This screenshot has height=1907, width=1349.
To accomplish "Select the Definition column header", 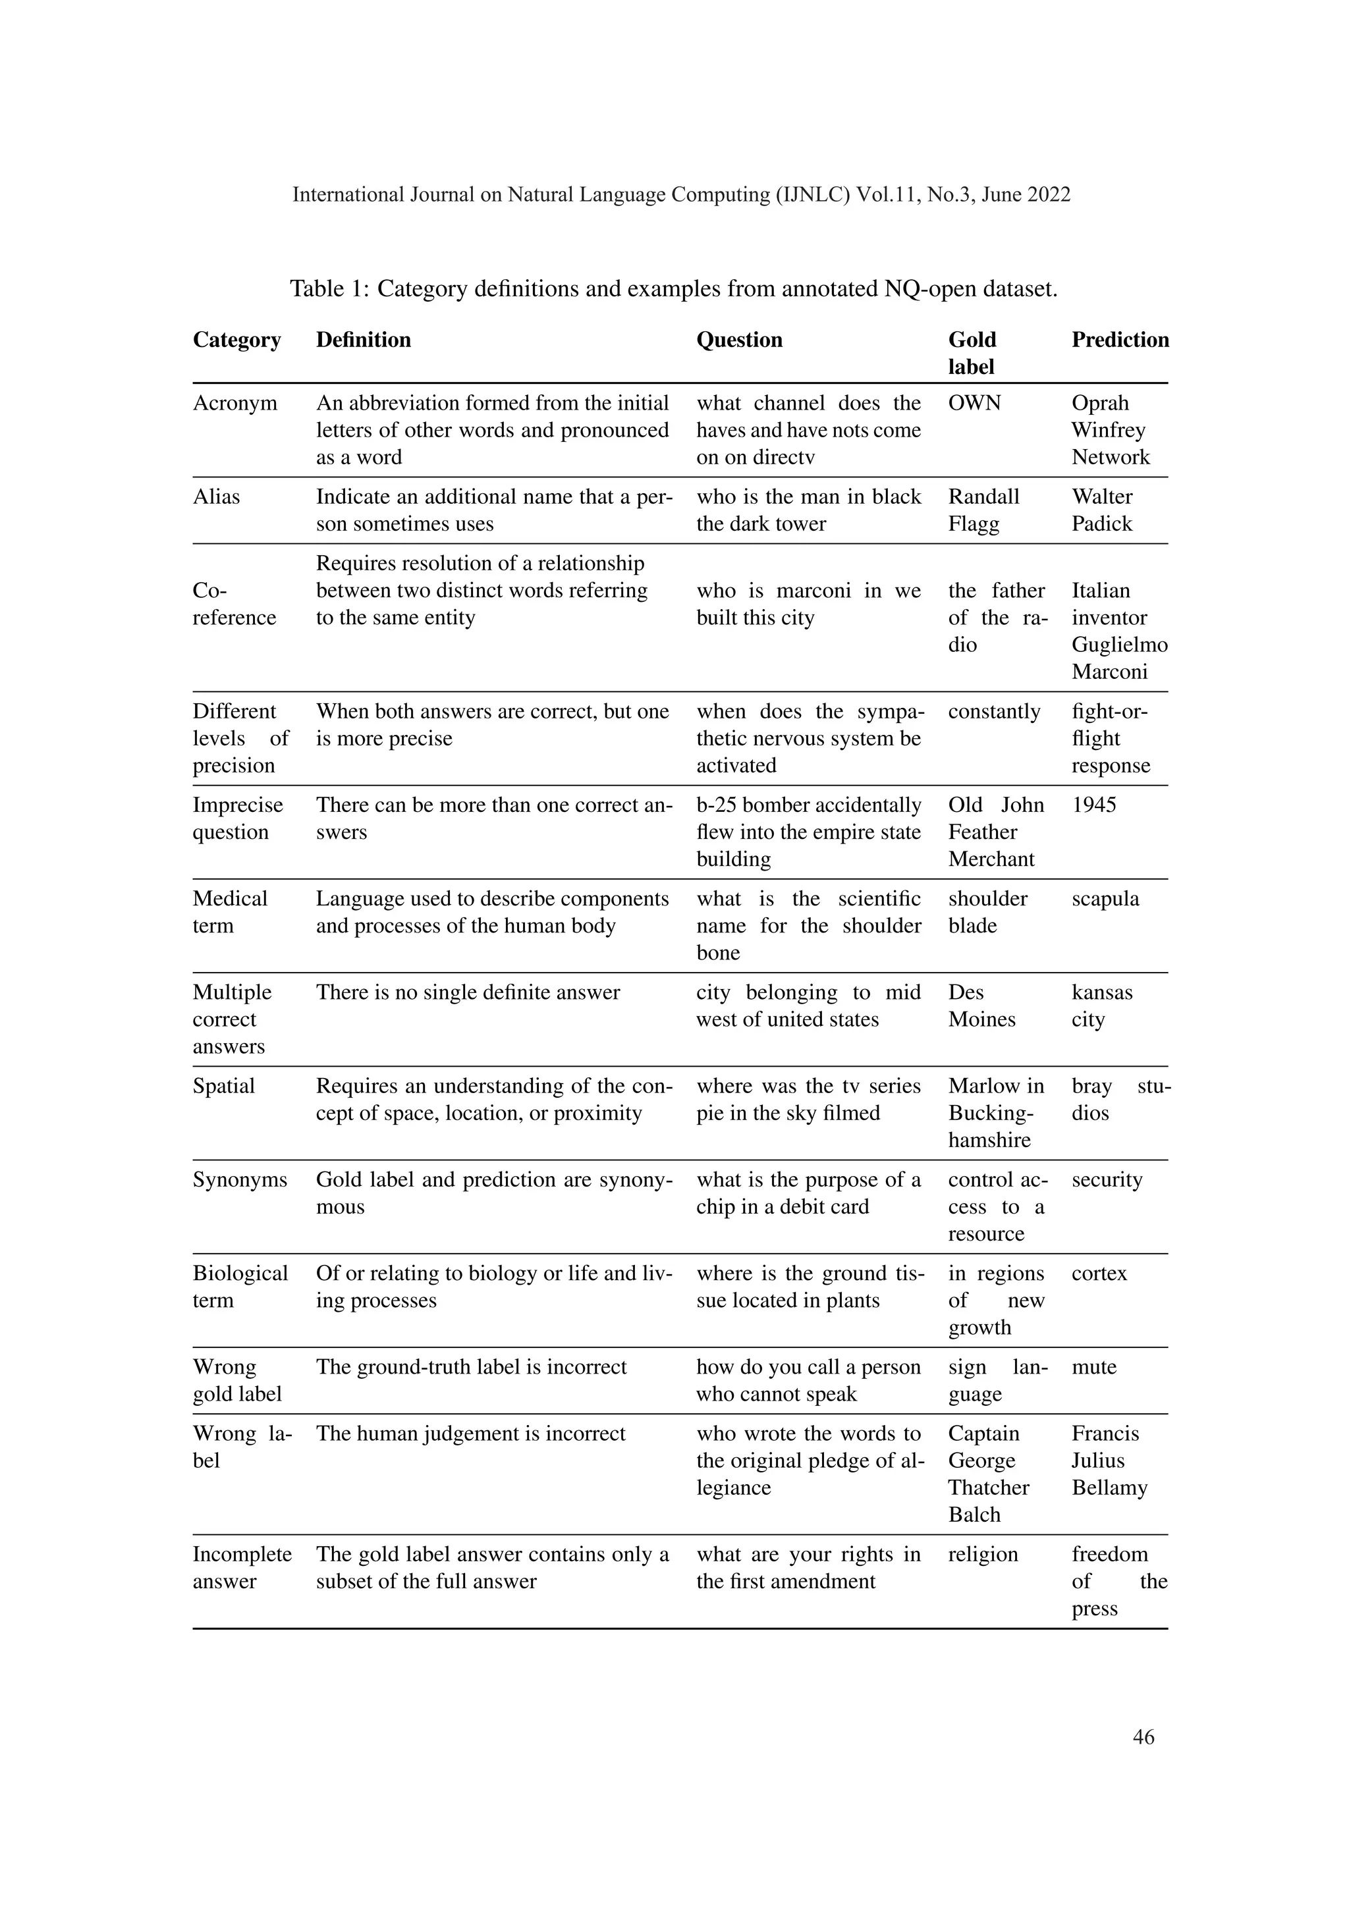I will (363, 340).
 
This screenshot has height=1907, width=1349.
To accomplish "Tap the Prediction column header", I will (1119, 340).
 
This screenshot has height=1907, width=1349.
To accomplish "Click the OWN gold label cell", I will (974, 404).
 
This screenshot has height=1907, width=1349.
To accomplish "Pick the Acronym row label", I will (235, 404).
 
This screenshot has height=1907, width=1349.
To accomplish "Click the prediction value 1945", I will (1093, 805).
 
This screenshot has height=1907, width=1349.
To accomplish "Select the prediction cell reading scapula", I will (1105, 900).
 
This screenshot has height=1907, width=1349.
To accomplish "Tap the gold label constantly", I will (993, 712).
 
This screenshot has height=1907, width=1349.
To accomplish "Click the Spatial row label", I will (223, 1087).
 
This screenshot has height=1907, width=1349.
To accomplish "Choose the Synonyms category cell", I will (239, 1180).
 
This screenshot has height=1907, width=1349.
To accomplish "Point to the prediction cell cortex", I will (1098, 1274).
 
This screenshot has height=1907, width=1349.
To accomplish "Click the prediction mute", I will (1093, 1368).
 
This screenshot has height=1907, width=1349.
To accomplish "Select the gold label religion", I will (983, 1555).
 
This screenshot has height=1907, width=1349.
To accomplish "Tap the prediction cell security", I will (1107, 1180).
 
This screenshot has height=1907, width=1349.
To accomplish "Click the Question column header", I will (738, 340).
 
